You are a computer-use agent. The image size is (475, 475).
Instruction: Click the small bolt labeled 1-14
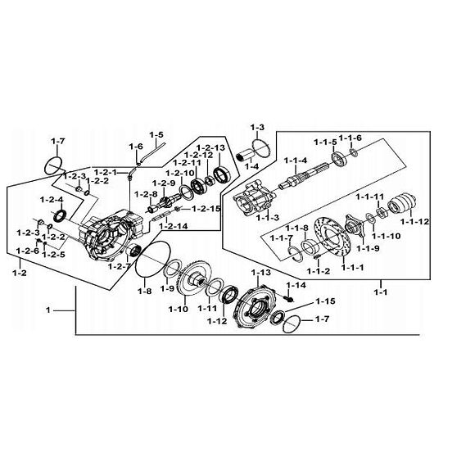[x=290, y=299]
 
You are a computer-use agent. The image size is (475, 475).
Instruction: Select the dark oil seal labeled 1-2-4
[x=60, y=215]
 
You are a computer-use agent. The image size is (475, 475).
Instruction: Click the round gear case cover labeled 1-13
[x=251, y=306]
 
